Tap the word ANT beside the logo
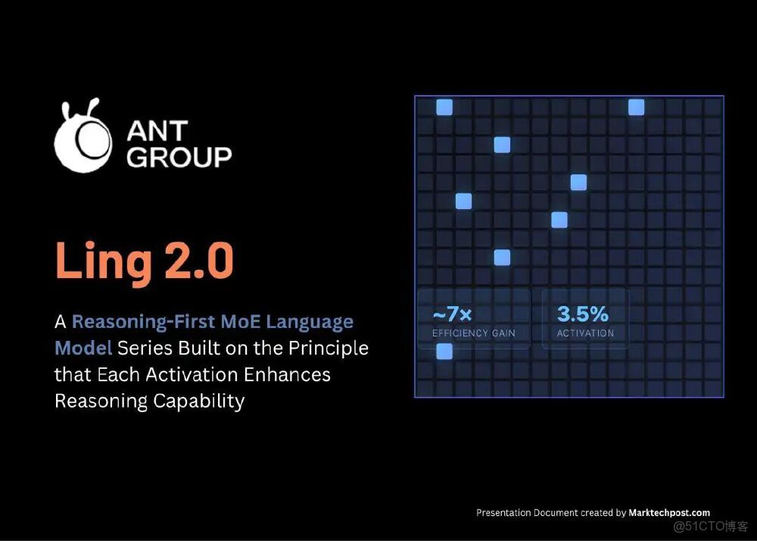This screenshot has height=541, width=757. click(x=157, y=130)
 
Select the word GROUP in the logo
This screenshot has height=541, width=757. click(x=179, y=157)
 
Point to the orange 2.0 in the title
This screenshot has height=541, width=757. click(x=199, y=260)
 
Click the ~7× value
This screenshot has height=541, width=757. click(x=453, y=314)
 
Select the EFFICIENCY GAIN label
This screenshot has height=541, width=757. click(x=474, y=333)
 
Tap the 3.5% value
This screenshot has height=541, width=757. click(x=583, y=314)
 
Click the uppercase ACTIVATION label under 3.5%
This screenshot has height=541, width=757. click(x=585, y=333)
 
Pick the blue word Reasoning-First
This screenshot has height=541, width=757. click(x=143, y=322)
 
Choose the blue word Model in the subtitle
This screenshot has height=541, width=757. click(x=83, y=348)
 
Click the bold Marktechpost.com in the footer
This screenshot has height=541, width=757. click(x=669, y=512)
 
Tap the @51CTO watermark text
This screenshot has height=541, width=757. click(x=711, y=526)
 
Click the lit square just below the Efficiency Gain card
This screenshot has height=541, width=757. click(x=444, y=352)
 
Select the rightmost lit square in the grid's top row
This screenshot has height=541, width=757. click(x=636, y=108)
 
